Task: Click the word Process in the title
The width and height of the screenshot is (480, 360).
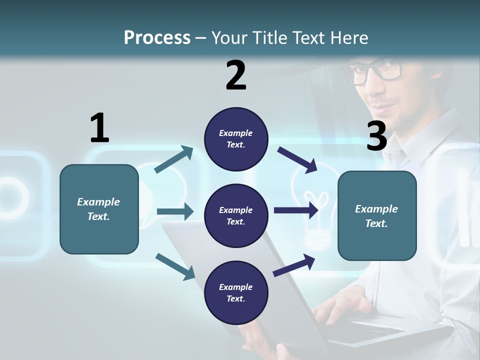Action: (x=157, y=37)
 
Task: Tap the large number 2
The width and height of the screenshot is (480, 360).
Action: (x=236, y=75)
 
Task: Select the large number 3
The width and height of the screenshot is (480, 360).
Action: (x=376, y=136)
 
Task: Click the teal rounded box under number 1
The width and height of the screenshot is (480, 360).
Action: (x=99, y=209)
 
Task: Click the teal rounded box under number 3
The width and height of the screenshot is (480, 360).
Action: (x=377, y=215)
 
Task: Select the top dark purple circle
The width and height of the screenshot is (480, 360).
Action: (x=236, y=139)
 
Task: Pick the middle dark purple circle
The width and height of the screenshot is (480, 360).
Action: (x=236, y=215)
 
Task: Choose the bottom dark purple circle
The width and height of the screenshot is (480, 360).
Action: (x=236, y=292)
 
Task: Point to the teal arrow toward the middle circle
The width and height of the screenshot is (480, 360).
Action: (x=175, y=211)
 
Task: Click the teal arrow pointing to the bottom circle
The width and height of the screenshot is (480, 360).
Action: (x=175, y=266)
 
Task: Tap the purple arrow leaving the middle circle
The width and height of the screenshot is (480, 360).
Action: (x=296, y=210)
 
